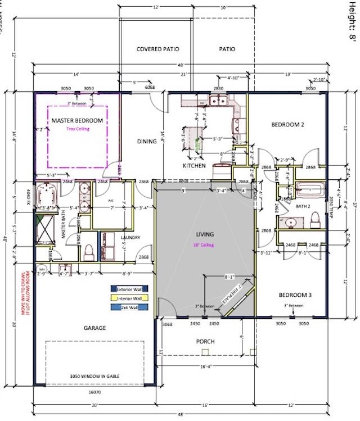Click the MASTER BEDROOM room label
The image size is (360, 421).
pos(77,121)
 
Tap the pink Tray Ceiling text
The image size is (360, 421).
pos(78,129)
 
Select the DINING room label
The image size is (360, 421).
pos(146,142)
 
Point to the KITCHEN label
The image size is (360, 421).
pos(194,166)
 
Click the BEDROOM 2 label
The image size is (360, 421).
pos(287,125)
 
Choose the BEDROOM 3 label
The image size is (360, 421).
pos(294,295)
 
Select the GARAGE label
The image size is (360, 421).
pos(96,328)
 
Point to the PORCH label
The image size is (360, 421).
pos(205,341)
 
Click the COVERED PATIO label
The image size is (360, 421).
pos(157,49)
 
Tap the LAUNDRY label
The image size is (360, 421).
pos(130,238)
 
